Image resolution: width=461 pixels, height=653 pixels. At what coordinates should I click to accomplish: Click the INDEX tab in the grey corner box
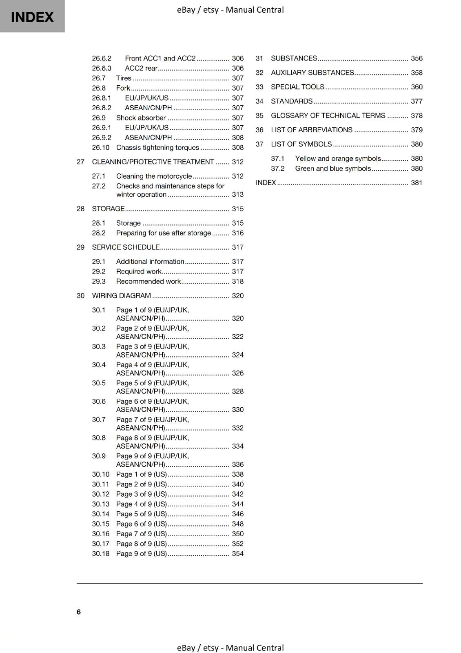(32, 17)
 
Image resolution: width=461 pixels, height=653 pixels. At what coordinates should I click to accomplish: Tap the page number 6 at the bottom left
(79, 612)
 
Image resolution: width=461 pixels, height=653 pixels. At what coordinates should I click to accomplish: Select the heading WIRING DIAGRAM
(121, 295)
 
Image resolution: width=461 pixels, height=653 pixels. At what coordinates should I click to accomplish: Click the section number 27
(80, 162)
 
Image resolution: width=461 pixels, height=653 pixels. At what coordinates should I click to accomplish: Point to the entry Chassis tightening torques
(157, 147)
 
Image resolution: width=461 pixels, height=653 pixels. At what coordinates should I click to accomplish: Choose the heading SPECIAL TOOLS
(297, 87)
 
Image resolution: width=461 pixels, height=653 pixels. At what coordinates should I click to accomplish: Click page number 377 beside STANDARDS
(417, 101)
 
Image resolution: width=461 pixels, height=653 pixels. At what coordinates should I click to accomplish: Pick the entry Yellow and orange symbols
(338, 158)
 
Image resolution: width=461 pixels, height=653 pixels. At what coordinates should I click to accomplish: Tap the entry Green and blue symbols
(333, 168)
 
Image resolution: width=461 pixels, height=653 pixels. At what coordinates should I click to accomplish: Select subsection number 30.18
(101, 553)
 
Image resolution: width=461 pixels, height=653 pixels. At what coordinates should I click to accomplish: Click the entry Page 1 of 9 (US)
(141, 474)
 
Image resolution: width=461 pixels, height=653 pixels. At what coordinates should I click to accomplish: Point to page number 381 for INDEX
(417, 182)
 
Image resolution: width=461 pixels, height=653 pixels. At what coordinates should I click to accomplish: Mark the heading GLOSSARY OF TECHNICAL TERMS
(328, 115)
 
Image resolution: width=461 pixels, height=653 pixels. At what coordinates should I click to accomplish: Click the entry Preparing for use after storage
(163, 233)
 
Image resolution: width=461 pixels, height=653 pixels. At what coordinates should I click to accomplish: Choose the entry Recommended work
(148, 281)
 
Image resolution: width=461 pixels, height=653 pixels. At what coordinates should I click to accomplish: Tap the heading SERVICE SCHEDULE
(126, 247)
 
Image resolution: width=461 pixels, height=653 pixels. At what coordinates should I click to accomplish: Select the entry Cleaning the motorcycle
(154, 176)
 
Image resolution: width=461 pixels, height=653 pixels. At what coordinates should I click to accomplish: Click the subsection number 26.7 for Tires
(99, 78)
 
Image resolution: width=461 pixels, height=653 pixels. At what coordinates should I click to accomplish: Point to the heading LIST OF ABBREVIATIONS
(312, 130)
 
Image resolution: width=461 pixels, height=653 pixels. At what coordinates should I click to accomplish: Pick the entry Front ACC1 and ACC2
(160, 58)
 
